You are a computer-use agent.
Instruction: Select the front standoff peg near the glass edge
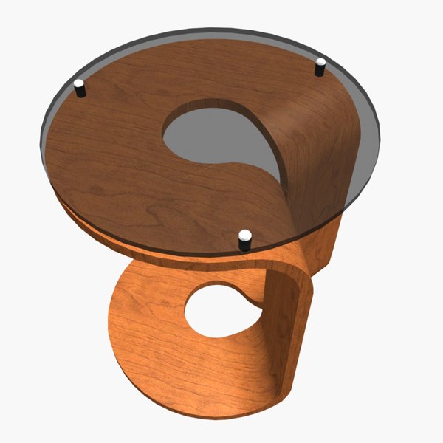click(245, 241)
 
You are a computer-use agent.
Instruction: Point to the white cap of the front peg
click(245, 235)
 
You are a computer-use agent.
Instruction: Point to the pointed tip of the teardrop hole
click(282, 179)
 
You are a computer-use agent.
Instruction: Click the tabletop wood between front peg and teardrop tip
click(258, 207)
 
